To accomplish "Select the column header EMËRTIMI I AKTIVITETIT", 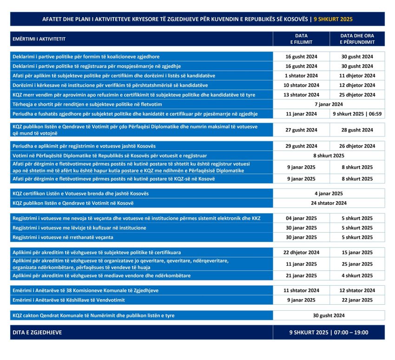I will coord(39,39).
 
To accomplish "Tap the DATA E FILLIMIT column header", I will coord(301,39).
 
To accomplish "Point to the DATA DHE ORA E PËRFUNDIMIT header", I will coord(357,39).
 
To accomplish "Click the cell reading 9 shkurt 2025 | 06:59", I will coord(357,114).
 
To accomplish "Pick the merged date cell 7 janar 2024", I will coord(329,104).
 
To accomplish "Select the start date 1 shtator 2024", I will coord(301,75).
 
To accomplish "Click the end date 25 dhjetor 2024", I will coord(357,95).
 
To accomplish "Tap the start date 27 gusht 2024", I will coord(301,130).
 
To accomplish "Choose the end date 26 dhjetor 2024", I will coord(357,146).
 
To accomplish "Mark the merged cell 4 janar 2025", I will coord(329,193).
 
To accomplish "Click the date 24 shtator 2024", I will coord(329,203).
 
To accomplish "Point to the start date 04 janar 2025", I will coord(301,218).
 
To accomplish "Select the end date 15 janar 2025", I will coord(357,253).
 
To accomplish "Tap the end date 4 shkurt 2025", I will coord(357,275).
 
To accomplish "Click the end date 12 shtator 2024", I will coord(357,290).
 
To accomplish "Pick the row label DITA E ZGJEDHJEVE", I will coord(37,333).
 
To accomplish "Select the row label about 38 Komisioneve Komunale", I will coord(85,290).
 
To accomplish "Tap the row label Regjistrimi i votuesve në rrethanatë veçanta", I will coord(63,237).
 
